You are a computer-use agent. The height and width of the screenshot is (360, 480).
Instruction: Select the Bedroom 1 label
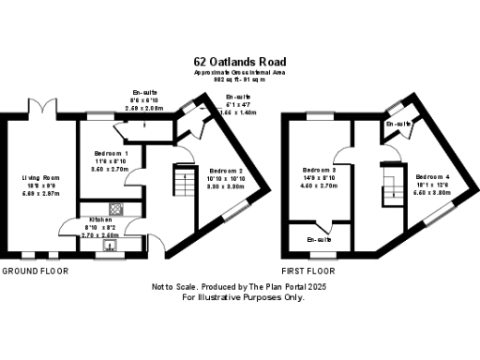click(x=112, y=153)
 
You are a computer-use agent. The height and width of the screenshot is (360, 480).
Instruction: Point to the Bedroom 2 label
click(x=227, y=171)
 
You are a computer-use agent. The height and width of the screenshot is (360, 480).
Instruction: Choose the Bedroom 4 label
click(x=433, y=176)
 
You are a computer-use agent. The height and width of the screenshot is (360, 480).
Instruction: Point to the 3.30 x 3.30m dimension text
click(x=227, y=187)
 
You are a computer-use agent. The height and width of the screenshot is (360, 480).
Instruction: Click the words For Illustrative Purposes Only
click(x=243, y=297)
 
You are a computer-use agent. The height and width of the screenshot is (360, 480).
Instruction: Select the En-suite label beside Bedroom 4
click(x=398, y=124)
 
